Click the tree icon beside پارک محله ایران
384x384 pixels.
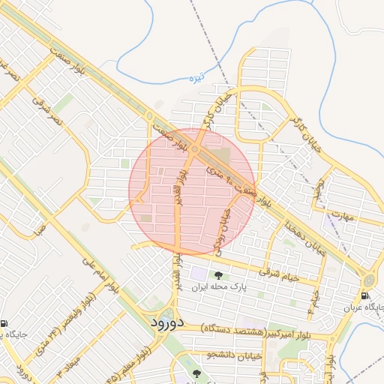click(219, 275)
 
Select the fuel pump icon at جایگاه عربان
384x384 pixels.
click(365, 296)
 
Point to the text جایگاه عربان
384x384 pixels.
click(364, 307)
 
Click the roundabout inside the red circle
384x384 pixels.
click(194, 151)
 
